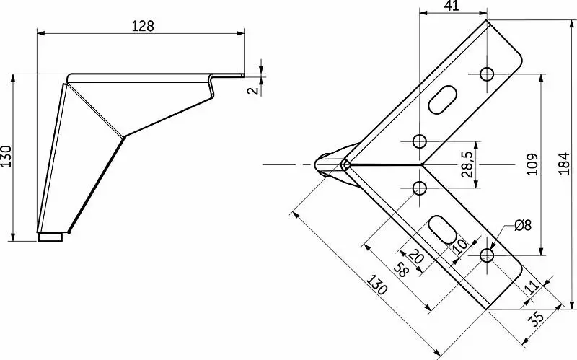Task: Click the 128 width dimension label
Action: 143,25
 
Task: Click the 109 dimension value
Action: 532,165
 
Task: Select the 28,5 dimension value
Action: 467,165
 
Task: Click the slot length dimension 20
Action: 415,256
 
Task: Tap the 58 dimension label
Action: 402,271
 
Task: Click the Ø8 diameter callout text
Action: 523,226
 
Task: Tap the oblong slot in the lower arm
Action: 442,229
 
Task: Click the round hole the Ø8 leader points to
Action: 487,255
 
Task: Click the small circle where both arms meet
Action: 346,165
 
